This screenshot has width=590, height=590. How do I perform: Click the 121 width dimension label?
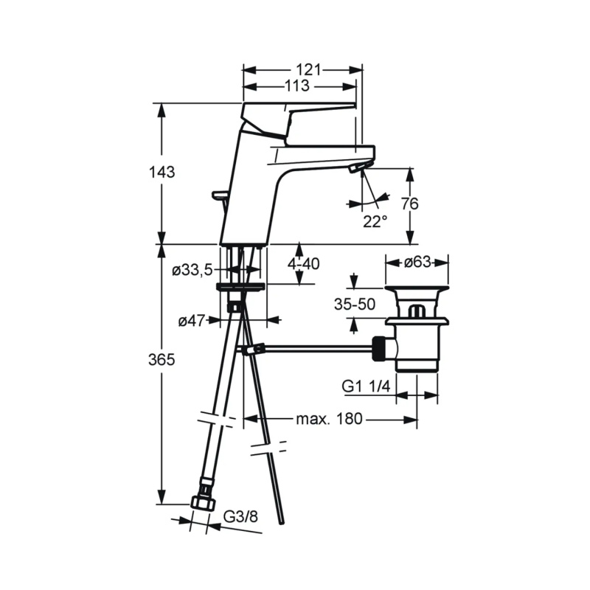coord(308,70)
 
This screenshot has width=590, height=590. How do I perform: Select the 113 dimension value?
coord(297,86)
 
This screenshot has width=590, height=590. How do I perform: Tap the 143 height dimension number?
coord(162,173)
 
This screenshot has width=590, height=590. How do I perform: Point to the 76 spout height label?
coord(409,204)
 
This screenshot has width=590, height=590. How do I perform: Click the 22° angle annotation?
coord(375,221)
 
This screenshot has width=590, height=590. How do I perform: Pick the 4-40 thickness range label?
coord(304,264)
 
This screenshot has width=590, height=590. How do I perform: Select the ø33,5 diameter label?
coord(192,270)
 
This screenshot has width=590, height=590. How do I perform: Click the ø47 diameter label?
coord(192,321)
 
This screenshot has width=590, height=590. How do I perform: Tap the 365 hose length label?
coord(162,360)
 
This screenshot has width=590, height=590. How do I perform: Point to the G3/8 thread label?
coord(241,517)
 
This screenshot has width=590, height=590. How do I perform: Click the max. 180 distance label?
coord(329,419)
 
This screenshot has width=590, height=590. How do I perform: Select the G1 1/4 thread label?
coord(366,386)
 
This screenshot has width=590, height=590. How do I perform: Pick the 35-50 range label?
coord(355,305)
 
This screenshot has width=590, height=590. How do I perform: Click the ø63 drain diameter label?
coord(417,262)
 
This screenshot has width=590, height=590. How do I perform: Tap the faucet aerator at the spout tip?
coord(355,168)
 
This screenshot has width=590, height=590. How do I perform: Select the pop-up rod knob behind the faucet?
coord(221,194)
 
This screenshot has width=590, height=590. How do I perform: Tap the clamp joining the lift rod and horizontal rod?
coord(253,350)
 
